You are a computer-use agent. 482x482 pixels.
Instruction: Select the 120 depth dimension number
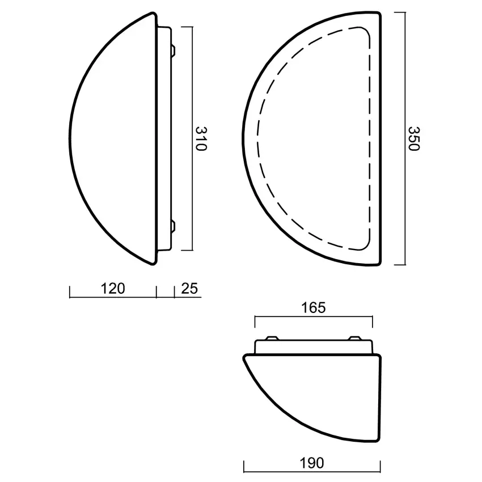tap(112, 289)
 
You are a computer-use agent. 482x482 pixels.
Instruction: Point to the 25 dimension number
tap(189, 289)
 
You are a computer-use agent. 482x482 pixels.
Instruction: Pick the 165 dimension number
tap(313, 308)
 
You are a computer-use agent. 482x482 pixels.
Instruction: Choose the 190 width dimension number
tap(311, 463)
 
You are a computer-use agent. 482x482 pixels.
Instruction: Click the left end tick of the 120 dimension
tap(70, 291)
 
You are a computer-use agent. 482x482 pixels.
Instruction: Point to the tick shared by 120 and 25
tap(157, 291)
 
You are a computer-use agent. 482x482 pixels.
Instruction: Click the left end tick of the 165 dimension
tap(255, 321)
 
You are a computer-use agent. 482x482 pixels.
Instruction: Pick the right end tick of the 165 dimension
tap(373, 321)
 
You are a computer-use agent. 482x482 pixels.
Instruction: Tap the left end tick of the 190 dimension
tap(244, 467)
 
